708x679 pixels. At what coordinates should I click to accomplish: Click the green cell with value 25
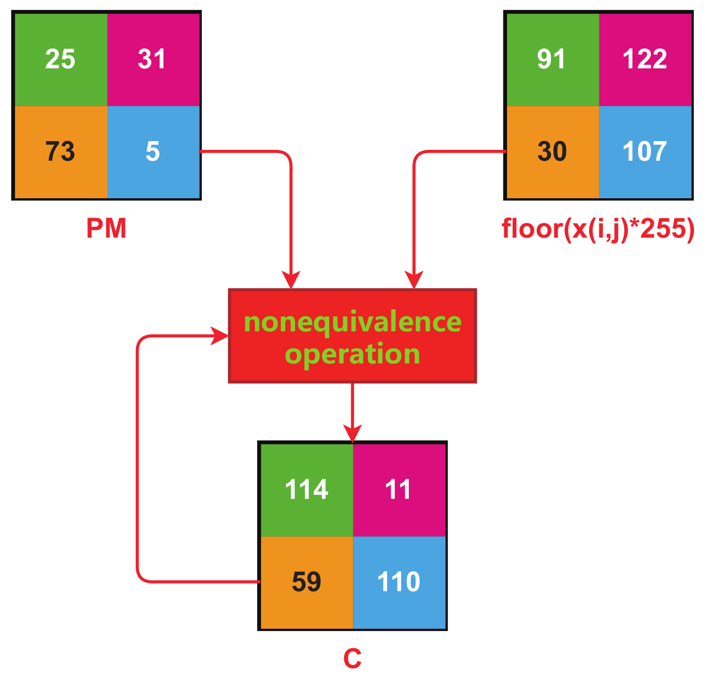coord(61,60)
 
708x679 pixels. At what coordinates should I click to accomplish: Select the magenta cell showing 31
coord(153,60)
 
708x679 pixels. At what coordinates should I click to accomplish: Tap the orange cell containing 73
coord(61,152)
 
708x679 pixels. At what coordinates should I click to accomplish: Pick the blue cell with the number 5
coord(153,152)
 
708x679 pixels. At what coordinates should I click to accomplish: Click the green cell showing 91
coord(552,60)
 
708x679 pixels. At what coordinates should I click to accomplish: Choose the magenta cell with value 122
coord(645,60)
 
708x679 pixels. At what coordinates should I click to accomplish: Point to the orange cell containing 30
coord(552,152)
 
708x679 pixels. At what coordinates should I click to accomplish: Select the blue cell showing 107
coord(645,152)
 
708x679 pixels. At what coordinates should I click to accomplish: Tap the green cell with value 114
coord(306,490)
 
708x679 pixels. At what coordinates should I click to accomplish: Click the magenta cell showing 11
coord(399,490)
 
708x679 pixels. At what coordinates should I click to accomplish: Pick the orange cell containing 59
coord(306,582)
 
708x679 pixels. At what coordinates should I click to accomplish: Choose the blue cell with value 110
coord(399,582)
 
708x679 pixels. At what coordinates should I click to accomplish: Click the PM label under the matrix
coord(106,229)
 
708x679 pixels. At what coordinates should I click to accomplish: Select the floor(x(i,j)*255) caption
coord(598,229)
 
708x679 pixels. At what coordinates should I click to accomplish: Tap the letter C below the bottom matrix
coord(352,659)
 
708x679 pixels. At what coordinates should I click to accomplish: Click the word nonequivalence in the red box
coord(352,322)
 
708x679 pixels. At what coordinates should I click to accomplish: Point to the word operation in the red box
coord(352,354)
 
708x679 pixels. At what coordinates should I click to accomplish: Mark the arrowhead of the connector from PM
coord(291,281)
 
